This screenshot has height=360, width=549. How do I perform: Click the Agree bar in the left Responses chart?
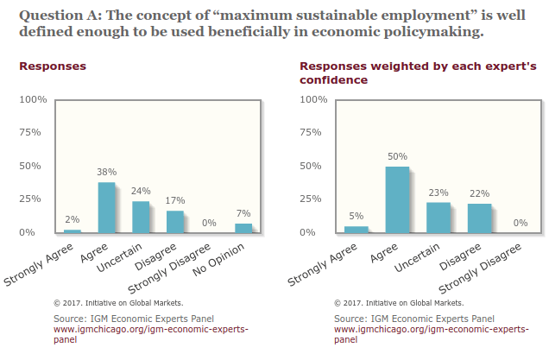click(106, 207)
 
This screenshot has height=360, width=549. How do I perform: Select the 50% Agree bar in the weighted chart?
click(397, 199)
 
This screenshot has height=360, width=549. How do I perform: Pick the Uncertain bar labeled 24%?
click(141, 217)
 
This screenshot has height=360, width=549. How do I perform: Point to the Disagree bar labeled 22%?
click(479, 218)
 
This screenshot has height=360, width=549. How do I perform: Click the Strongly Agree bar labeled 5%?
click(356, 229)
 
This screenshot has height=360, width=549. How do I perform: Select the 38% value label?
click(106, 173)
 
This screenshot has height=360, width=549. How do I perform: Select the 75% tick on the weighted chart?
click(312, 133)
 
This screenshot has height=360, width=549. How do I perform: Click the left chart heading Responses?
click(52, 66)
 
